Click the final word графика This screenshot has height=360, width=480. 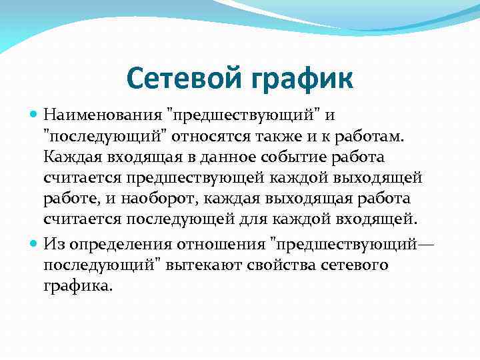[79, 287]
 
